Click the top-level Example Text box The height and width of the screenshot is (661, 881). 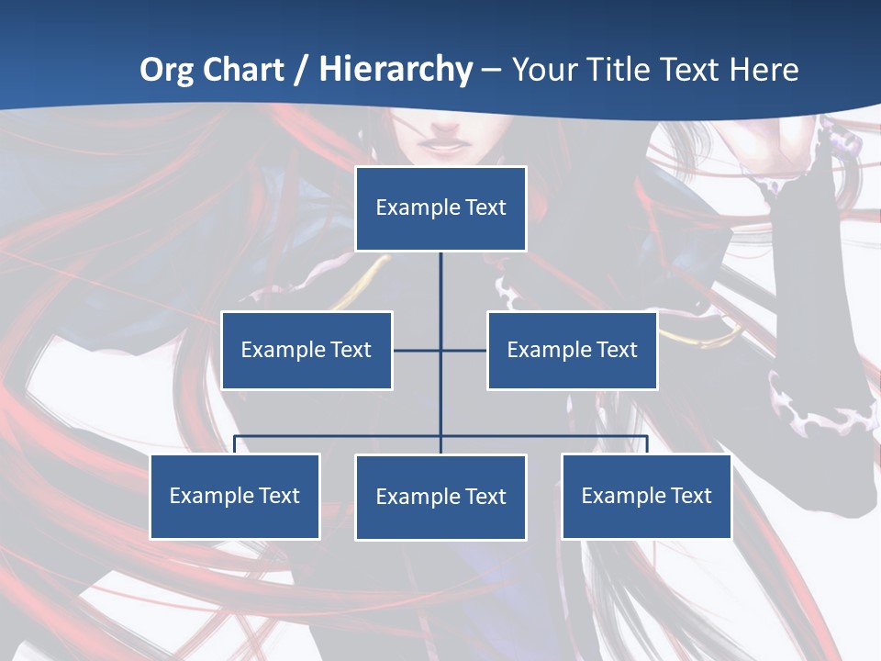(x=440, y=208)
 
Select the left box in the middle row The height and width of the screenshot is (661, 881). (x=307, y=350)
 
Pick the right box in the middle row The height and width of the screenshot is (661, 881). (x=572, y=350)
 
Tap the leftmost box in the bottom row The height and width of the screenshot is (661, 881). (x=235, y=496)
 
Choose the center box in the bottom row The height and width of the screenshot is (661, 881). (x=440, y=497)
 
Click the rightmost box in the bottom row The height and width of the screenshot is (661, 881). (x=646, y=496)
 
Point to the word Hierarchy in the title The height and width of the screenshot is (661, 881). (x=395, y=70)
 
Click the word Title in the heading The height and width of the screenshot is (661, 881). (x=624, y=70)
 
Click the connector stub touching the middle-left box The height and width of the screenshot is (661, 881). (x=416, y=350)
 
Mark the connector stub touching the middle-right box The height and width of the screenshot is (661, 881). (x=464, y=350)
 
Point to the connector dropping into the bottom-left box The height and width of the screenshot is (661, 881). (x=235, y=444)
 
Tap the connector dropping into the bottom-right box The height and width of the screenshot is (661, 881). (x=647, y=444)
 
